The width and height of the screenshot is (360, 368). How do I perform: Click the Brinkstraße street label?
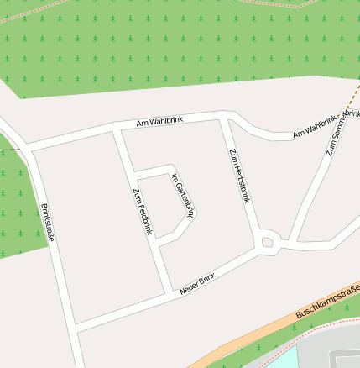pos(48,223)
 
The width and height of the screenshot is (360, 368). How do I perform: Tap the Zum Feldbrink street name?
pos(142,210)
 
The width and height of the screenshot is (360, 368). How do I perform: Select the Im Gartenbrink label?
pos(183,195)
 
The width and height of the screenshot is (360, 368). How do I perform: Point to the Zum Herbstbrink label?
pos(240,176)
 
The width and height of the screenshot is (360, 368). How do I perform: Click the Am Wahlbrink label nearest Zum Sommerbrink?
pos(314,128)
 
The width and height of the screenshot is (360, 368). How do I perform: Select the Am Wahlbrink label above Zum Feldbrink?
pos(159,123)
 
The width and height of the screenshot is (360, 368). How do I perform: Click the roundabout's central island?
pos(268,244)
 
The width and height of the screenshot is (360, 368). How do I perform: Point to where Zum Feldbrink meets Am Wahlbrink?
pos(117,131)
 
